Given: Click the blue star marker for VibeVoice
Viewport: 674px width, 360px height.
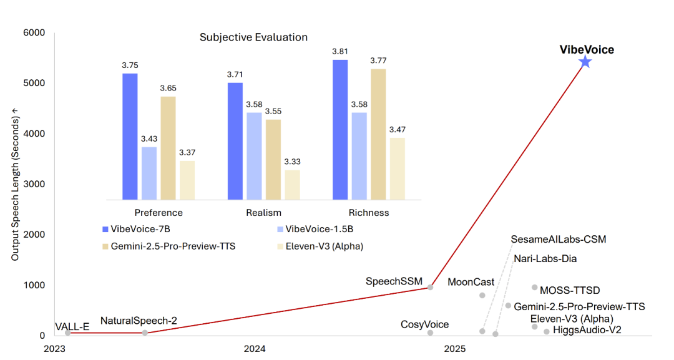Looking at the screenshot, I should click(x=585, y=62).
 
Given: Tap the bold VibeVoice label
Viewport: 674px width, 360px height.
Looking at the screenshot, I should click(x=586, y=49).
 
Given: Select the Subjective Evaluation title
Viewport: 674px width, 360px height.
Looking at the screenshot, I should click(x=253, y=37).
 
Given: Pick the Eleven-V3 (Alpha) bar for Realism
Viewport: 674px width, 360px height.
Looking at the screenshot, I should click(x=292, y=185).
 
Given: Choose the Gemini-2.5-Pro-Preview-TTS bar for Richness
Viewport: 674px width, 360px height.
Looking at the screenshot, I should click(x=378, y=134).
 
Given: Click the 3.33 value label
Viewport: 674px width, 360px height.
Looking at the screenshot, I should click(x=292, y=163).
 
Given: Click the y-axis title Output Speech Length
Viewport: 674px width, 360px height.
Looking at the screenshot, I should click(x=14, y=184).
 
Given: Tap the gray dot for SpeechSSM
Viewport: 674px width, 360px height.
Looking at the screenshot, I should click(x=430, y=288).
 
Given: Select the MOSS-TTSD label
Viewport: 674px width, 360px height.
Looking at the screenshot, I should click(x=571, y=290).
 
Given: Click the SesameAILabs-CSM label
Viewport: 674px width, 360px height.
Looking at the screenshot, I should click(x=558, y=239).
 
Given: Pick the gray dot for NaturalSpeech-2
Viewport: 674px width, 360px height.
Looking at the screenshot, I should click(x=145, y=333).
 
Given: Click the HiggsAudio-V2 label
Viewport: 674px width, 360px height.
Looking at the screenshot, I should click(x=587, y=330).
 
